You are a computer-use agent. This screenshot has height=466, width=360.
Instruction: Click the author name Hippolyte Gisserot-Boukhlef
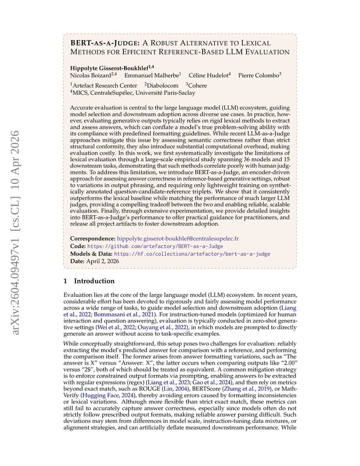pyautogui.click(x=106, y=68)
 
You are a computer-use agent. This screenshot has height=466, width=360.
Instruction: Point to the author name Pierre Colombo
pyautogui.click(x=259, y=75)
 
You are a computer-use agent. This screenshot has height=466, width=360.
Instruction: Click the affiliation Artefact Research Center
pyautogui.click(x=104, y=85)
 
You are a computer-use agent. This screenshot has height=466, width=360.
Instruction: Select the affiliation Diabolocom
pyautogui.click(x=163, y=85)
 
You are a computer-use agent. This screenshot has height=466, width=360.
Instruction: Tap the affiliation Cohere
pyautogui.click(x=197, y=85)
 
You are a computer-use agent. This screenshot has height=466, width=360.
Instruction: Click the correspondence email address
pyautogui.click(x=178, y=238)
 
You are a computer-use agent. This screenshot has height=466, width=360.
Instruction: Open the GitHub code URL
pyautogui.click(x=155, y=246)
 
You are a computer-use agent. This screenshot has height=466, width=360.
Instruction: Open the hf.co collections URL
pyautogui.click(x=192, y=254)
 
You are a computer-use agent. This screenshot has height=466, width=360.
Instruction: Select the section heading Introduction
pyautogui.click(x=94, y=281)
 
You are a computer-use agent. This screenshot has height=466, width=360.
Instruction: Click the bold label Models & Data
pyautogui.click(x=91, y=254)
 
